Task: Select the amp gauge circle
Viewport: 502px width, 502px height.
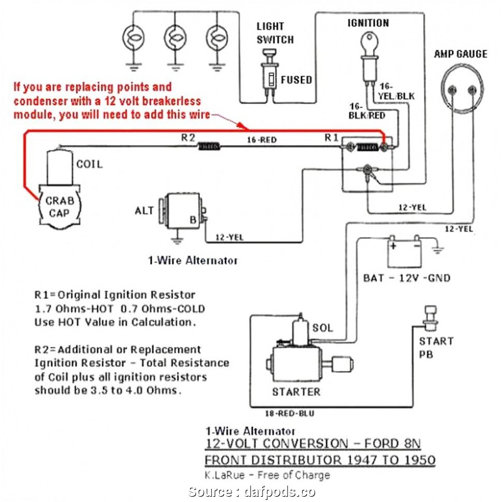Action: pyautogui.click(x=462, y=83)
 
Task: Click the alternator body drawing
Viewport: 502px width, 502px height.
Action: pyautogui.click(x=183, y=211)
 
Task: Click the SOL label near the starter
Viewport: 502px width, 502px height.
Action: pyautogui.click(x=323, y=328)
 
